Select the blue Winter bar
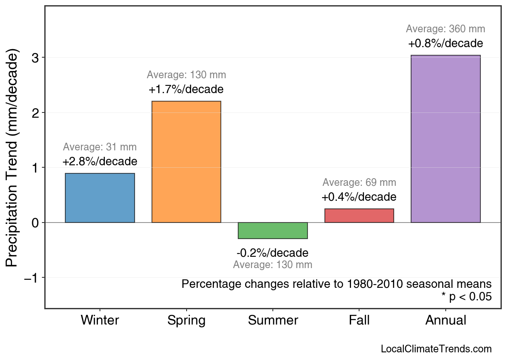click(100, 198)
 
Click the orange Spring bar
click(186, 162)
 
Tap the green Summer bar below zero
click(272, 230)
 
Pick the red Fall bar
click(359, 216)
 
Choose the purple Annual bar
click(445, 139)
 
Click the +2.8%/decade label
click(100, 162)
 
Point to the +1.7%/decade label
click(186, 89)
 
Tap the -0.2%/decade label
click(272, 253)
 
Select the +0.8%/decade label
click(445, 43)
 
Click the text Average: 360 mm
click(445, 29)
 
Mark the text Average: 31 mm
click(100, 147)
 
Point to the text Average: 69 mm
click(359, 183)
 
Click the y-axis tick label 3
click(35, 58)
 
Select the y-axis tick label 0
click(35, 223)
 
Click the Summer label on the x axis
click(273, 320)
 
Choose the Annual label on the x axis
click(445, 320)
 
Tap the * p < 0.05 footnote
click(466, 297)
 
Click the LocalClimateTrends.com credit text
click(436, 349)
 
